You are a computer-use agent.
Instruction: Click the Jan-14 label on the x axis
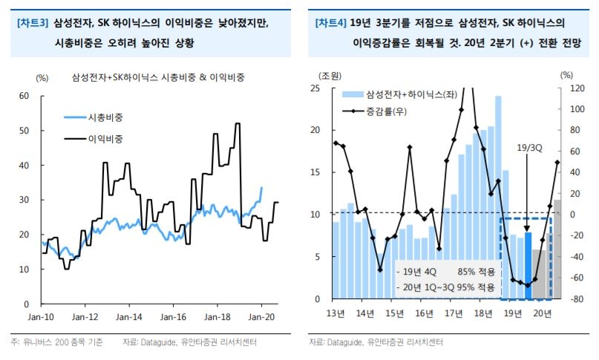coord(128,315)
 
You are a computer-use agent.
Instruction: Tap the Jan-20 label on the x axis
coord(261,315)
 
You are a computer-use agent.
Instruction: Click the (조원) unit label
coord(331,76)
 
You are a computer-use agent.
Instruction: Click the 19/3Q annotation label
coord(529,148)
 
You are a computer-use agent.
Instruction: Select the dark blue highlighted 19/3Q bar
coord(528,266)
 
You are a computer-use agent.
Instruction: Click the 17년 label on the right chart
coord(453,313)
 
